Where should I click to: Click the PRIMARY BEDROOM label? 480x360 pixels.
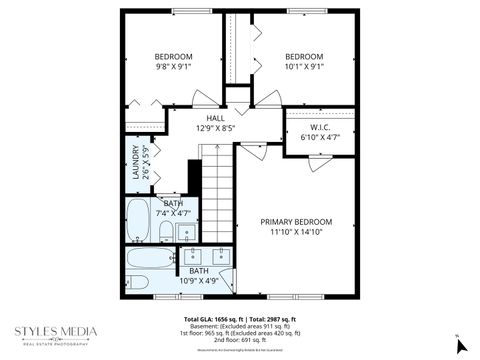tap(296, 221)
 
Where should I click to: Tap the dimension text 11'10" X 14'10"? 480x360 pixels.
tap(296, 232)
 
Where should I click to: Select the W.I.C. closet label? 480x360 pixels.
tap(320, 127)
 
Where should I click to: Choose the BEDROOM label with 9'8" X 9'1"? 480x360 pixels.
tap(173, 56)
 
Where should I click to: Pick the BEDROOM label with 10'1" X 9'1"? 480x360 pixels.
tap(304, 56)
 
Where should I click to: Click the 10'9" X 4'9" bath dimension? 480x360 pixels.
tap(198, 280)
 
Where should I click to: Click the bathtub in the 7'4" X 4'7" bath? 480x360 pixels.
tap(139, 223)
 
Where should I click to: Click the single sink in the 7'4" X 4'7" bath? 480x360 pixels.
tap(187, 234)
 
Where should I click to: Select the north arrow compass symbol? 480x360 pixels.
tap(460, 343)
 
